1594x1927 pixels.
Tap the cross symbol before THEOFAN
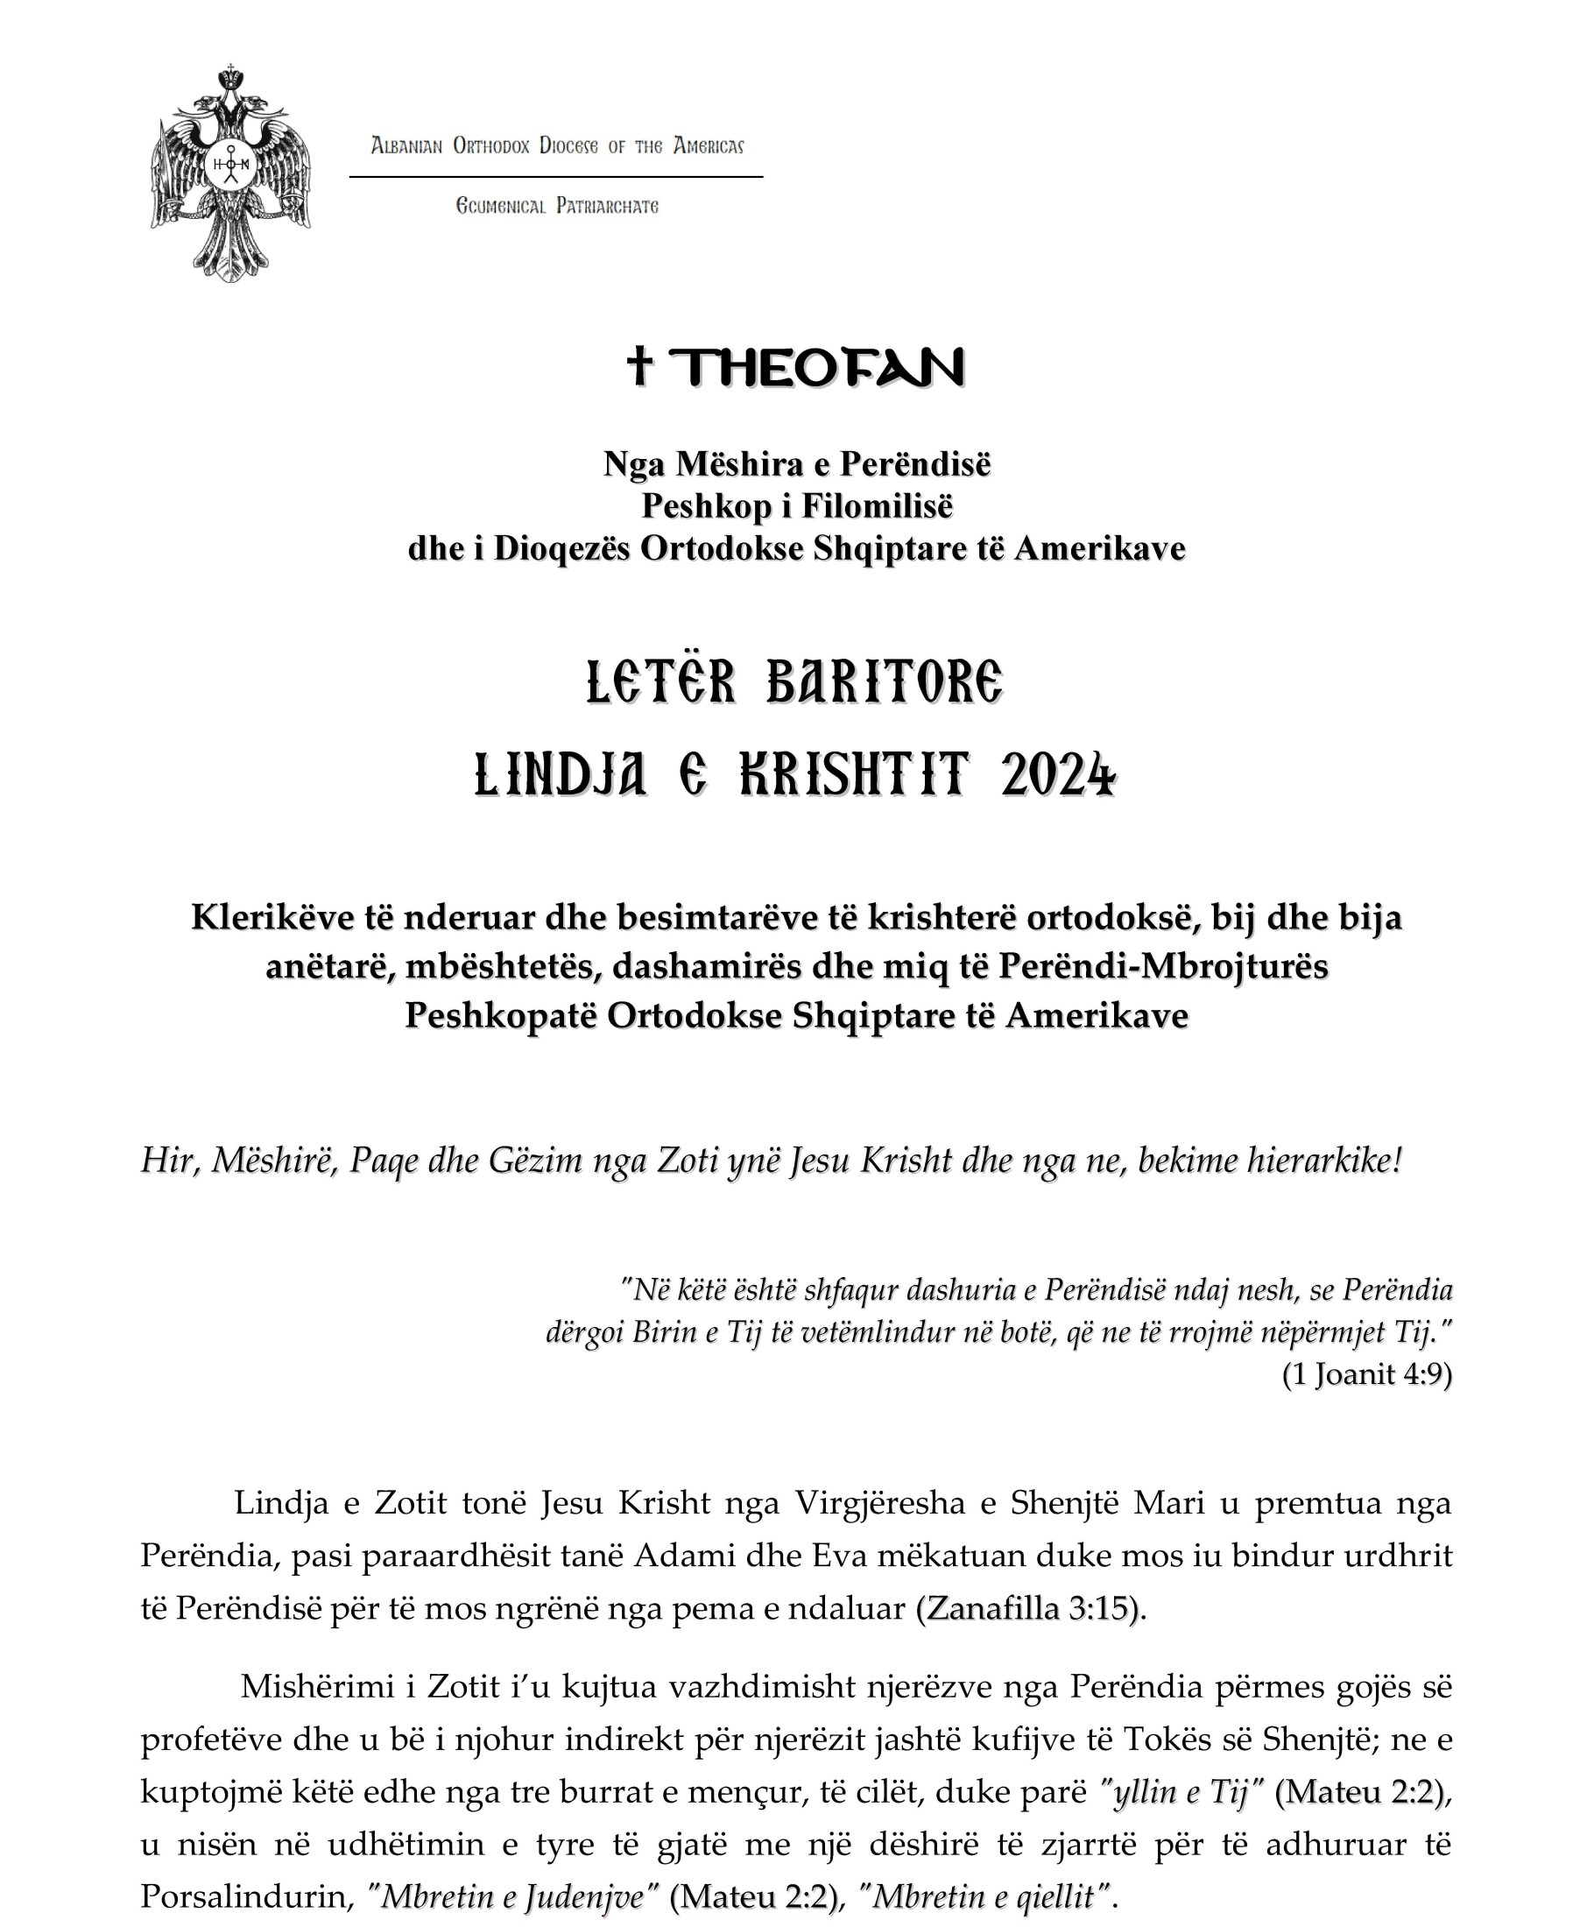639,366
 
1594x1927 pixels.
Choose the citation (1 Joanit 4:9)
1366,1401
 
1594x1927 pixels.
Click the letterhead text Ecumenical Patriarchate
557,207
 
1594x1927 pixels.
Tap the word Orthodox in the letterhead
491,146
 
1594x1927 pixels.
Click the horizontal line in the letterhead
556,176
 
